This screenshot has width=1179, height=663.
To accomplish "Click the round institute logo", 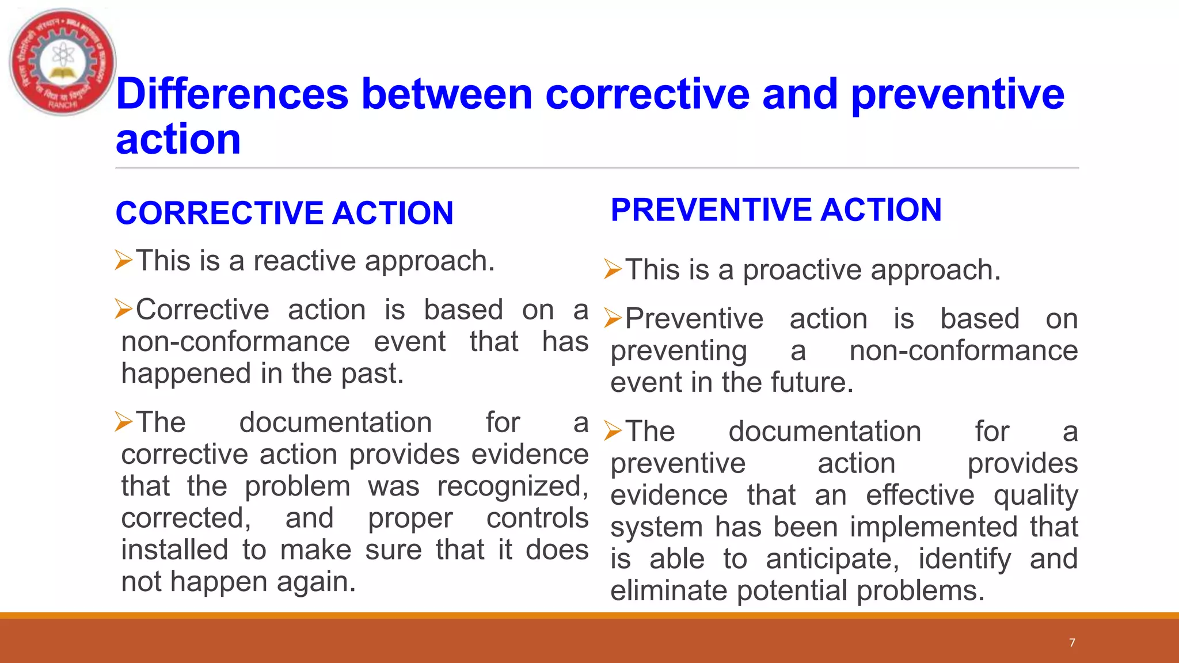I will (63, 62).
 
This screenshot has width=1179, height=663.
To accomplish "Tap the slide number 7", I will (1072, 643).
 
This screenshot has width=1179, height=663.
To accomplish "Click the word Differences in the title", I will (232, 94).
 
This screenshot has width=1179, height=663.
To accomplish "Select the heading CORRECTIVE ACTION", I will (284, 213).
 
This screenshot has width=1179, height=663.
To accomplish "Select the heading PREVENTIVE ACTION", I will (776, 210).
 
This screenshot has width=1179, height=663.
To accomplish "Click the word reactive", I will (305, 261).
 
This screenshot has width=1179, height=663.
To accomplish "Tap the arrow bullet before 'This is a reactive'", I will (123, 260).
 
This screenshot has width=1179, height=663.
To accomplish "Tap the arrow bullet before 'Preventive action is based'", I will (613, 318).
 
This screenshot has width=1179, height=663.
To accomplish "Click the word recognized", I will (512, 486).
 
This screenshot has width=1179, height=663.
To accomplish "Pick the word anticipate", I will (832, 559).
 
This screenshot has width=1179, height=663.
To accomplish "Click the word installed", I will (174, 550).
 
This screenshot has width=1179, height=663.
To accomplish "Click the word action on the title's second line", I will (178, 140).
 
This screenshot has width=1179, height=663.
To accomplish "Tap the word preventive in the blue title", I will (957, 94).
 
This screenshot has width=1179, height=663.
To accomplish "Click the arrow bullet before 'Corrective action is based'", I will (123, 309).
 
